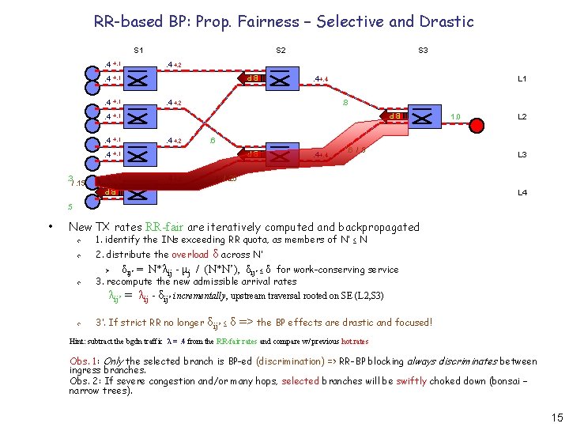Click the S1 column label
(x=138, y=51)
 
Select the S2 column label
(x=281, y=51)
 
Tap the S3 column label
(x=423, y=51)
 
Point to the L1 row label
(x=522, y=79)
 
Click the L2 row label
(x=522, y=117)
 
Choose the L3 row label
(x=522, y=155)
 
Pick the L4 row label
(x=522, y=192)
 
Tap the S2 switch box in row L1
(x=281, y=78)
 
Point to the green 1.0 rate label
(x=455, y=117)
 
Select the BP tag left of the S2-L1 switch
(x=253, y=78)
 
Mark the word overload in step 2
(x=190, y=255)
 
